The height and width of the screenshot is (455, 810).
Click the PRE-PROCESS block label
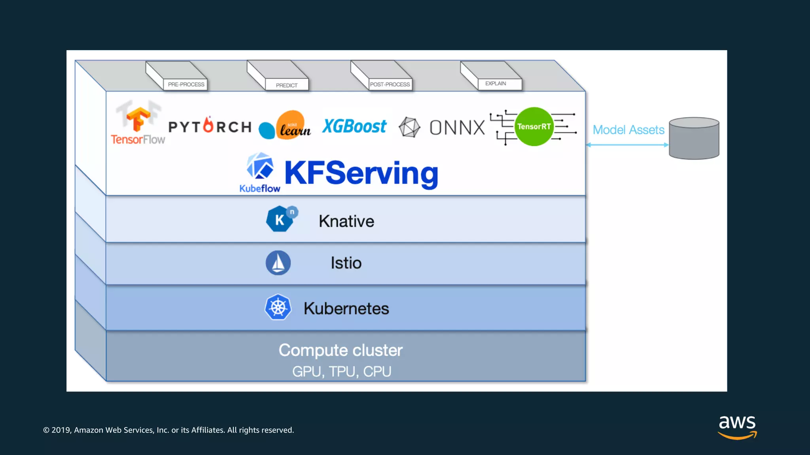coord(186,85)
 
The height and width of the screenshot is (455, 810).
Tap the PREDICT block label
coord(287,85)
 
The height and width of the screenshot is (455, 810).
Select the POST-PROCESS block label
coord(390,85)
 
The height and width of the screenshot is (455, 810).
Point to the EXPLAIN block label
coord(496,84)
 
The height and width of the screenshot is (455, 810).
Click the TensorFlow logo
coord(138,122)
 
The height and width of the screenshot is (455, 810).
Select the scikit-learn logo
coord(286,126)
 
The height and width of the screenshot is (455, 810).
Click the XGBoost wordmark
coord(354,126)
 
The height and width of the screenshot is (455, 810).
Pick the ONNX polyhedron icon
coord(409,127)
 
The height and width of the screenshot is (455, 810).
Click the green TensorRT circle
coord(534,126)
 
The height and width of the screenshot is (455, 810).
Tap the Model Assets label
coord(628,130)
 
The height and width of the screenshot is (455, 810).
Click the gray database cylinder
coord(694,139)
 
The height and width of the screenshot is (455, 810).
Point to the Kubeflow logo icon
coord(260,166)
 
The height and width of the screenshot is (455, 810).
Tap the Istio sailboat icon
coord(278,263)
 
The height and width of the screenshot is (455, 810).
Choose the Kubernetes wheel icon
coord(278,307)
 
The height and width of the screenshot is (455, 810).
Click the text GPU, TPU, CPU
coord(342,372)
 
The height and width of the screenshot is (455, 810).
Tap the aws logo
coord(737,427)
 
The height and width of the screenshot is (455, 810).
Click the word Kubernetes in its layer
coord(346,308)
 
